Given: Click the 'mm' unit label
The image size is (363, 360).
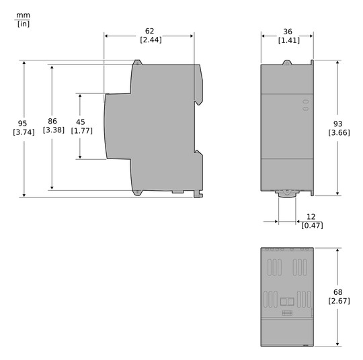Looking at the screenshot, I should click(23, 13).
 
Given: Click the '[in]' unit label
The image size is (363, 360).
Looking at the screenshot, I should click(23, 24).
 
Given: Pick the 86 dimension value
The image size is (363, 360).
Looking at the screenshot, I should click(53, 121).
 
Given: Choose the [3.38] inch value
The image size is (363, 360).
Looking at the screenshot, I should click(53, 130).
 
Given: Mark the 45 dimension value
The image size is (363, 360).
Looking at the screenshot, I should click(81, 122).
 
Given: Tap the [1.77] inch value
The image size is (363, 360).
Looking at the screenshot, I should click(81, 131).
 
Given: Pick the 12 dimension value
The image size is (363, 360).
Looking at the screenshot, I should click(311, 216).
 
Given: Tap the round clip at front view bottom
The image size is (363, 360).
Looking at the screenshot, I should click(287, 191).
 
